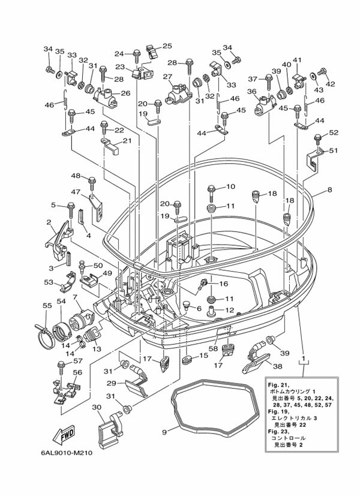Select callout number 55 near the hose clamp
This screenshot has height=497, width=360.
tap(46, 306)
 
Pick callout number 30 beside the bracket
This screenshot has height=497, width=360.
tap(97, 406)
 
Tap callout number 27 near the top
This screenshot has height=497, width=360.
tap(167, 76)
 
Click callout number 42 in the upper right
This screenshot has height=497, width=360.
tap(330, 83)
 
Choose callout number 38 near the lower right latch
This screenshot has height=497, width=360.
tap(277, 366)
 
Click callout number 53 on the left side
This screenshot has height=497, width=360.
tap(49, 282)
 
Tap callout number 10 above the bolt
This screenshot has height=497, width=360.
tap(230, 186)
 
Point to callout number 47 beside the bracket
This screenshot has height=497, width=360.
tap(76, 192)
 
